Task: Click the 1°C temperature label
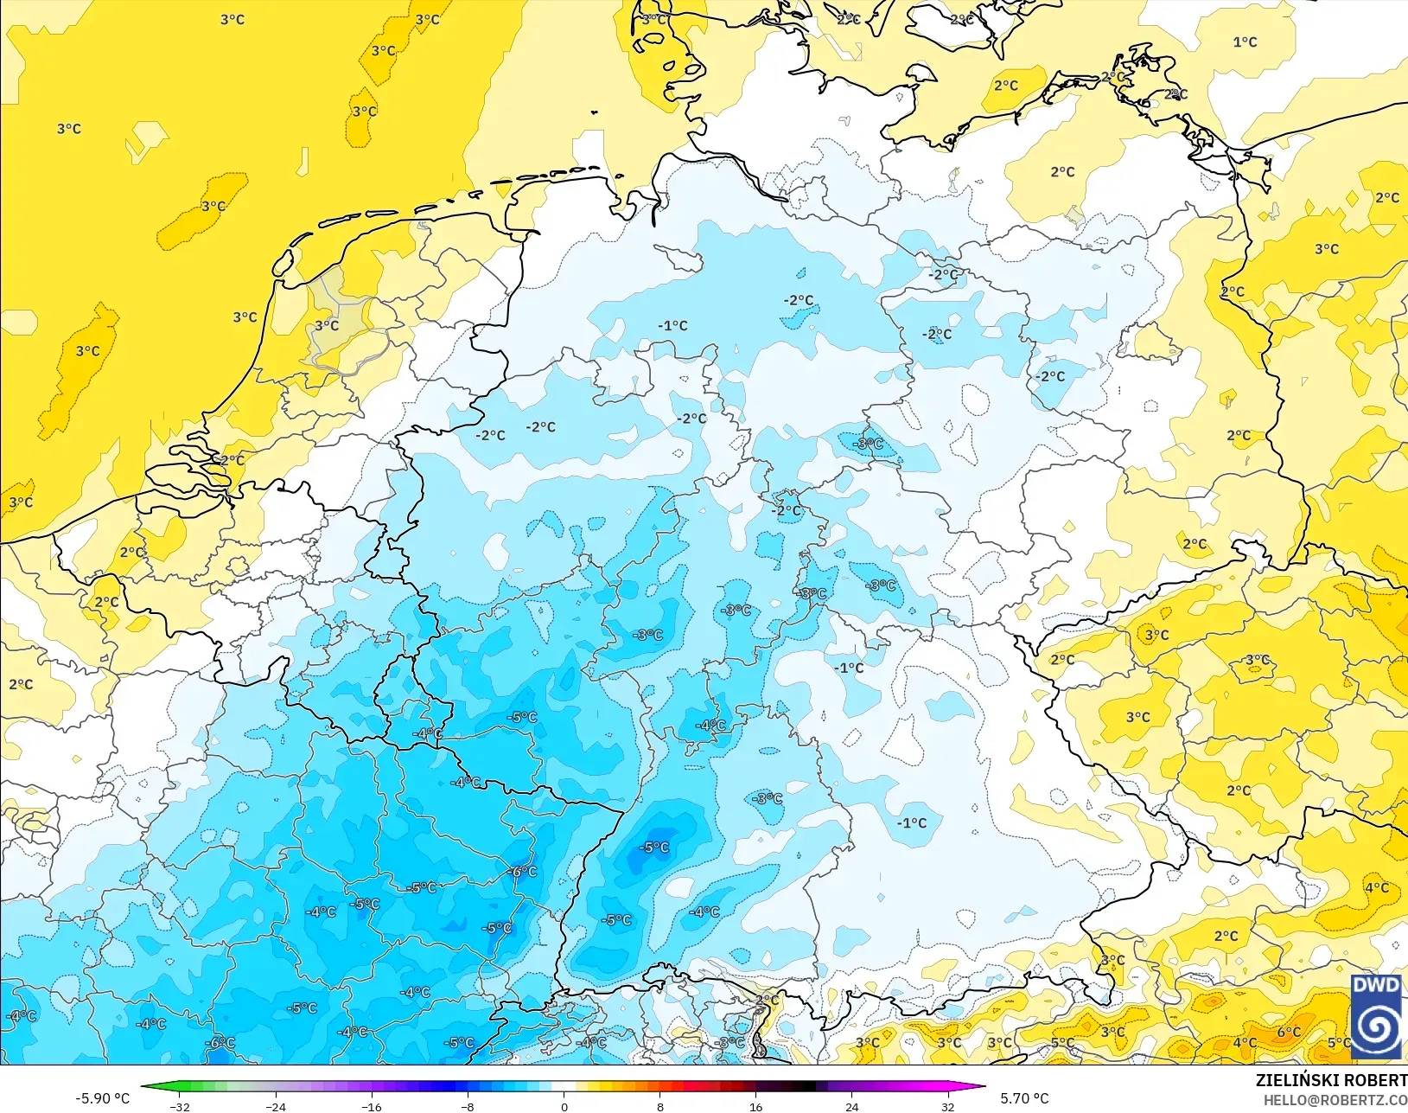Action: click(1245, 42)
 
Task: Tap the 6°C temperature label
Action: click(1289, 1032)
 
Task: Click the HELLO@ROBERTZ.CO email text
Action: click(1335, 1100)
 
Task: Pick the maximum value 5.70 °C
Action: click(1024, 1098)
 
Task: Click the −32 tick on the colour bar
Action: click(180, 1106)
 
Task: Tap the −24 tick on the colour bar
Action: click(276, 1106)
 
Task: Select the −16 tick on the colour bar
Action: click(372, 1106)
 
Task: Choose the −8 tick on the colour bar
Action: click(468, 1106)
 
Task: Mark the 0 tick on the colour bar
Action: click(564, 1106)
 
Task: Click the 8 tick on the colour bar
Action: click(659, 1106)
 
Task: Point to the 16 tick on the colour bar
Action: click(755, 1106)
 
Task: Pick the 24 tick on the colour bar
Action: click(851, 1106)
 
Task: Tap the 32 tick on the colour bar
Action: click(947, 1106)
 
